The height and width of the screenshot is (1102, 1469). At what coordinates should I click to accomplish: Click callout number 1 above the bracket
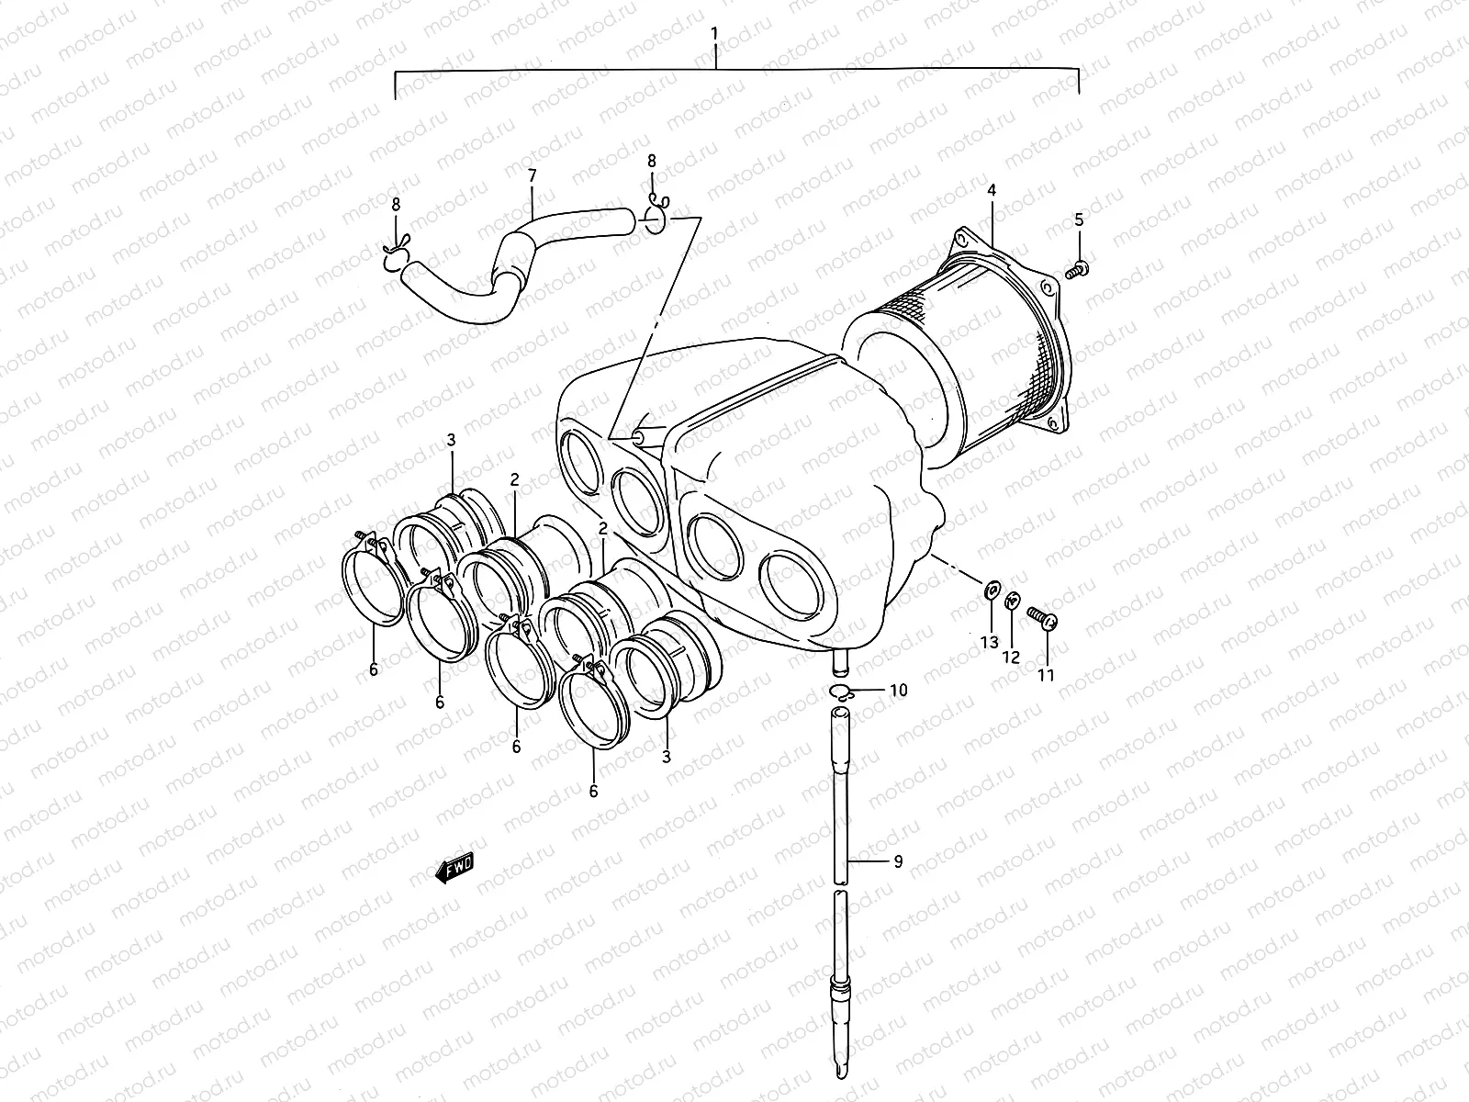tap(715, 34)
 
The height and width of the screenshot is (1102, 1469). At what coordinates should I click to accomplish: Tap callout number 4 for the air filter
tap(992, 190)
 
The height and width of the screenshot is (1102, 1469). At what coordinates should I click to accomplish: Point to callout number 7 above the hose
tap(532, 174)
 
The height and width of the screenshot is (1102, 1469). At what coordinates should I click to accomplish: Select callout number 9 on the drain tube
tap(897, 860)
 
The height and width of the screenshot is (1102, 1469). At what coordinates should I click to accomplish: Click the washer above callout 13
tap(990, 590)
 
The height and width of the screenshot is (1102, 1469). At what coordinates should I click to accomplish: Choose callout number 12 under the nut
tap(1011, 657)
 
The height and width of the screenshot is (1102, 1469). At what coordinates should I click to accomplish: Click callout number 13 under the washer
tap(989, 642)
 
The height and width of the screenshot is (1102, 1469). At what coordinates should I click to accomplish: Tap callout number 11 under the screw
tap(1046, 675)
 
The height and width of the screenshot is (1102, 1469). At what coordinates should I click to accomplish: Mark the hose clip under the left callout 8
tap(395, 260)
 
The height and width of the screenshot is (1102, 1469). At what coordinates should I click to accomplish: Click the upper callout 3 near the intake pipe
tap(452, 442)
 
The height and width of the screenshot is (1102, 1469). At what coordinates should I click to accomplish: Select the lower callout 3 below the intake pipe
tap(666, 757)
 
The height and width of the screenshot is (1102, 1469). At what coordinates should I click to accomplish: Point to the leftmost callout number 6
tap(373, 669)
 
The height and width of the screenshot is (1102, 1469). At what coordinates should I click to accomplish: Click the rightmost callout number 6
tap(593, 790)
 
